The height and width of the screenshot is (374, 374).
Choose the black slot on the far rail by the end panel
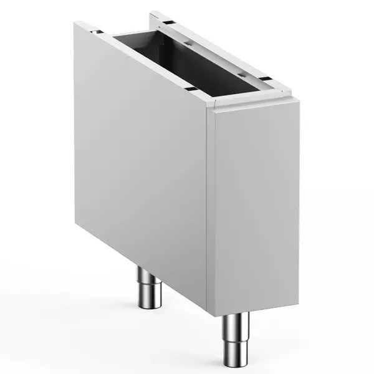pos(265,80)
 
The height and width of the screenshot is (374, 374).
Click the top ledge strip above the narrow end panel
pos(256,104)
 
